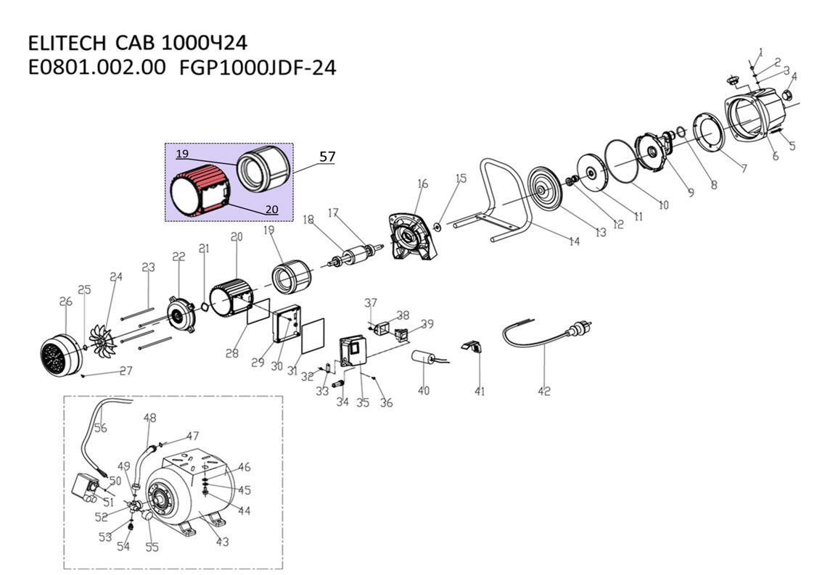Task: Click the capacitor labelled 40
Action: coord(423,358)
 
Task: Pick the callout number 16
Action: coord(422,184)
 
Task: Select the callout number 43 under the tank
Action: coord(222,542)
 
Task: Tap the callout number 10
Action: coord(663,204)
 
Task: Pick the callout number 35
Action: coord(363,402)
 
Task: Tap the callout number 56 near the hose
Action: coord(99,428)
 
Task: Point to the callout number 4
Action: coord(794,77)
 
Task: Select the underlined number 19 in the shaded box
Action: coord(181,154)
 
